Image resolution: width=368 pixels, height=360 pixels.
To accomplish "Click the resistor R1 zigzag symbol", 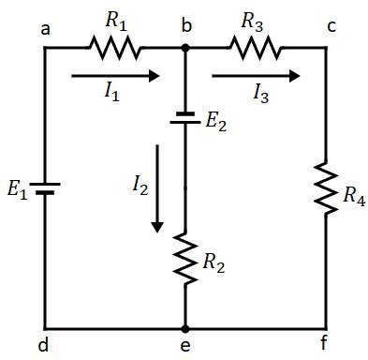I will pos(114,45).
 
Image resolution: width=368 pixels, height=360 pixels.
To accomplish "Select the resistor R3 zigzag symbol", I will pos(254,45).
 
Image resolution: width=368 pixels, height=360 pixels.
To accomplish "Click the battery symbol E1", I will pos(45,188).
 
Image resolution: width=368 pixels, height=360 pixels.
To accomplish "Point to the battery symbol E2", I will pos(185,120).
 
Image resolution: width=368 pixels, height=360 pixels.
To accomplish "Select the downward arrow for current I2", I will pos(157,187).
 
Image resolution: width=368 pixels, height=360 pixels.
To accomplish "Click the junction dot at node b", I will pos(185,45).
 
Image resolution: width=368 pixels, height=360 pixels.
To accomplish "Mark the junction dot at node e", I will pos(185,329).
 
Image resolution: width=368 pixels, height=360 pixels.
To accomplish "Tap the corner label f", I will pos(324,344).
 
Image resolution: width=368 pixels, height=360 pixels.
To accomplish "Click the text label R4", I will pos(354,197).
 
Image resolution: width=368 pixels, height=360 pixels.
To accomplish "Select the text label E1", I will pos(18,190).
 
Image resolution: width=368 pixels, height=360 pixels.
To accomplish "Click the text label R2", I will pos(216,266).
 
